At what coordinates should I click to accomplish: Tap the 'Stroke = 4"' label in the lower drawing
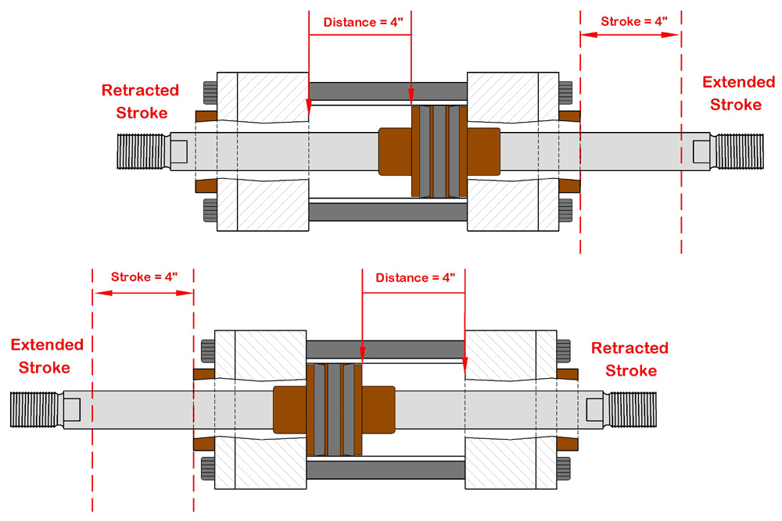pos(144,277)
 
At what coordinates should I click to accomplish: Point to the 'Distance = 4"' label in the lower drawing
pos(414,278)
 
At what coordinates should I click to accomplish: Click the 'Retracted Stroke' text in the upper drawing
pos(141,102)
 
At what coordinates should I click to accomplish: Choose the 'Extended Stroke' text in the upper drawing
pos(738,93)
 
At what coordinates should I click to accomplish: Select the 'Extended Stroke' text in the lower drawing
pos(47,355)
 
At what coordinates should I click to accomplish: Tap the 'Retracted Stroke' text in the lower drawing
pos(630,359)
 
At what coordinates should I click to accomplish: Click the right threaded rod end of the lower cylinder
pos(632,409)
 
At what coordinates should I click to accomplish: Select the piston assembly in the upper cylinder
pos(439,151)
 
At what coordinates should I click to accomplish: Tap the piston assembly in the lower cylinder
pos(334,409)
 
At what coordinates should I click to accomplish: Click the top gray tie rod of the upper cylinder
pos(388,91)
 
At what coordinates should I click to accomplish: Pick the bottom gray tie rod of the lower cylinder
pos(385,469)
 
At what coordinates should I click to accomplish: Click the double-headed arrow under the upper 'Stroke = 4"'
pos(630,36)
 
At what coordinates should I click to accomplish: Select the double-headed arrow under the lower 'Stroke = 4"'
pos(143,293)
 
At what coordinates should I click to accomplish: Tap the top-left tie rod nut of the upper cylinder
pos(209,92)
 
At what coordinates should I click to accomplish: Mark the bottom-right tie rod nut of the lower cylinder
pos(565,469)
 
